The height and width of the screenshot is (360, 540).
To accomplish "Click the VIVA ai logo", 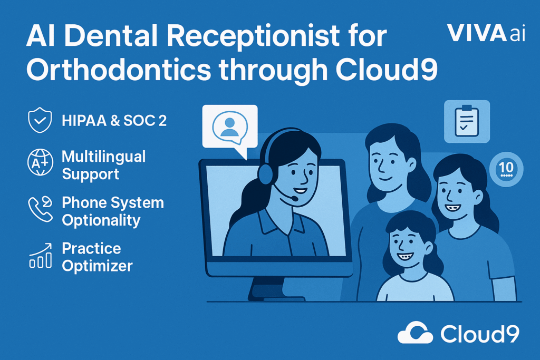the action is click(486, 33).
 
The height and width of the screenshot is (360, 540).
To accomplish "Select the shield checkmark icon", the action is click(40, 120).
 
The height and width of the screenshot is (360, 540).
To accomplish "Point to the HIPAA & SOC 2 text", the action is click(114, 121).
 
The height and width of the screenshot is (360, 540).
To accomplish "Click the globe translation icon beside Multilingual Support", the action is click(40, 162).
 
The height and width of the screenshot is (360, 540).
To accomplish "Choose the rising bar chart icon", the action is click(41, 255).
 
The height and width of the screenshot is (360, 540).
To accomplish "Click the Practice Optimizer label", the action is click(97, 257).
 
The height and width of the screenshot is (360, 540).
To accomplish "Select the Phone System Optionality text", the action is click(113, 211).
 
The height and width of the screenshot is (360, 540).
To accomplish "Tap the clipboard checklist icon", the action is click(467, 121).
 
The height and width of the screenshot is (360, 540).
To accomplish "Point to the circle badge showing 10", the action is click(506, 169).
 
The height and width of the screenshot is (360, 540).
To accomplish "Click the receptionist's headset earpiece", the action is click(265, 174).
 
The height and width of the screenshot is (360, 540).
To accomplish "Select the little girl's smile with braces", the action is click(406, 257).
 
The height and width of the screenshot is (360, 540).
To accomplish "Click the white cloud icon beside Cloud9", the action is click(416, 333).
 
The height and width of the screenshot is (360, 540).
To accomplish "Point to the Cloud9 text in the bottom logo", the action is click(480, 334).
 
